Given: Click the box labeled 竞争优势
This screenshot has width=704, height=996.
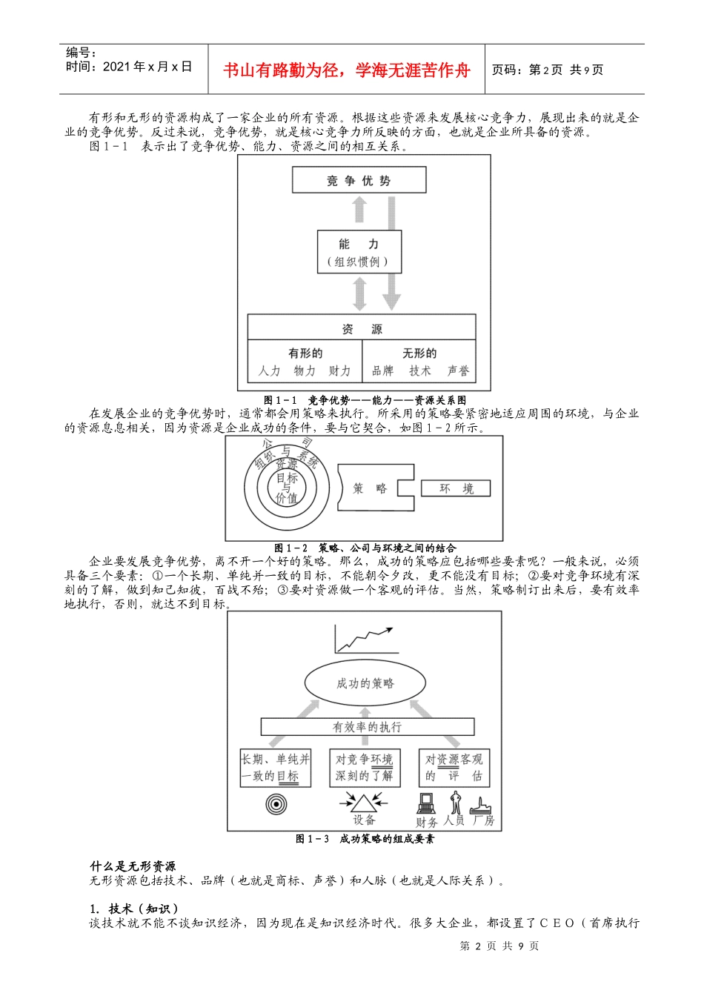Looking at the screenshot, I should pos(359,180).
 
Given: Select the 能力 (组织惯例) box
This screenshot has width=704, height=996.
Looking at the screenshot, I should pos(359,252).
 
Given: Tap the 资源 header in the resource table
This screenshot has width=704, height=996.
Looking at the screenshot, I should pos(362,328).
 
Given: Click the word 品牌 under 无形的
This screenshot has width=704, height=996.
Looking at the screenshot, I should pos(382,371).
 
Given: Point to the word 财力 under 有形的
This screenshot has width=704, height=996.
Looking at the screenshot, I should pos(339,371).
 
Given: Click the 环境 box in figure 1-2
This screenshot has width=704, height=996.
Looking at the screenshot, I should pos(456,488).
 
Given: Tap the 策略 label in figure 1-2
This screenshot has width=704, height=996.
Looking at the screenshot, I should pos(370,488).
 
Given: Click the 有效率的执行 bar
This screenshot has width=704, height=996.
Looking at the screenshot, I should pos(367,727).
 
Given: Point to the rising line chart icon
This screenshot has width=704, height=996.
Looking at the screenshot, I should pos(363,639).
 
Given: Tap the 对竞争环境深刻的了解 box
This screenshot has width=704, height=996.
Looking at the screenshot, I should pos(365,768).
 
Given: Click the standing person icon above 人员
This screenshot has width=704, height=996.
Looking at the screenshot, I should pos(455,803).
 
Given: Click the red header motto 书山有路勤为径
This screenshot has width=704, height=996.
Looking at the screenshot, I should pos(346,70).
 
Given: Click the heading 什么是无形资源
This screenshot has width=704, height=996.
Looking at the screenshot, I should pos(133,866).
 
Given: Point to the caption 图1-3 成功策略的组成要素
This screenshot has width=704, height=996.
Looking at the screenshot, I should pos(365,839).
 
